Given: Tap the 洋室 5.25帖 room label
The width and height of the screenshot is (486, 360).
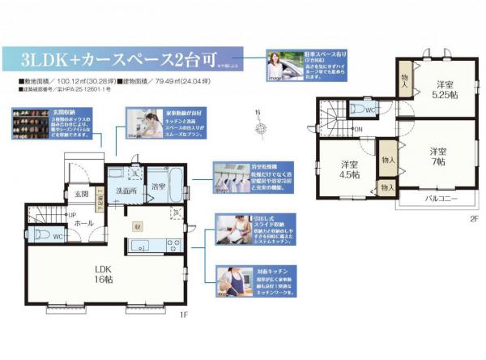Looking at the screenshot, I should pyautogui.click(x=444, y=89).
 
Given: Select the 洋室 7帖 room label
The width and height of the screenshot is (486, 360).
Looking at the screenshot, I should pyautogui.click(x=438, y=156).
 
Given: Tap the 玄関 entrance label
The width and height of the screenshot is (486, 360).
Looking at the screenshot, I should pyautogui.click(x=82, y=195).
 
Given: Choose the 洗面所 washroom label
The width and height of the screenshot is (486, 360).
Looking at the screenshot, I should pyautogui.click(x=125, y=191).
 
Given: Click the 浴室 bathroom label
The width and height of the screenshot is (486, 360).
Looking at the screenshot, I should pyautogui.click(x=158, y=188).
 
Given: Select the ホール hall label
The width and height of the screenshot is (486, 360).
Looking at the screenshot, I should pyautogui.click(x=83, y=221).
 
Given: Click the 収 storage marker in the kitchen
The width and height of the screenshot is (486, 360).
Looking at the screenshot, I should pyautogui.click(x=139, y=226).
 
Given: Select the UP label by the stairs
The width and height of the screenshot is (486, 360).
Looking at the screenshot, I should pyautogui.click(x=73, y=215).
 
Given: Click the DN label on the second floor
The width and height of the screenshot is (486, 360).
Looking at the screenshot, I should pyautogui.click(x=359, y=129).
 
